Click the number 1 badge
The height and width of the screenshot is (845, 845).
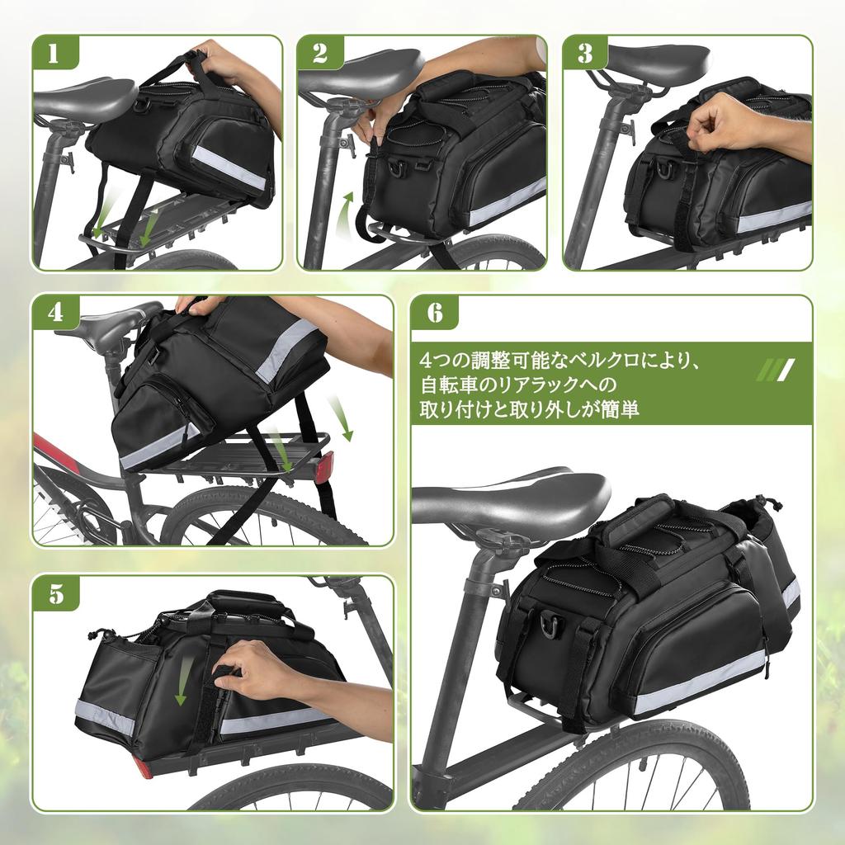pyautogui.click(x=54, y=53)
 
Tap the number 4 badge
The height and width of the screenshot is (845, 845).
pyautogui.click(x=54, y=314)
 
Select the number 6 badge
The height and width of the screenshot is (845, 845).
pyautogui.click(x=434, y=314)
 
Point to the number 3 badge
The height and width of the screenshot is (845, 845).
pyautogui.click(x=584, y=53)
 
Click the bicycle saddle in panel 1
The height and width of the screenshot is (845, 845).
pyautogui.click(x=83, y=97)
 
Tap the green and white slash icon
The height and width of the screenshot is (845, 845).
pyautogui.click(x=775, y=369)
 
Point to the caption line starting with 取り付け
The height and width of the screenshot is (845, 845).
pyautogui.click(x=529, y=409)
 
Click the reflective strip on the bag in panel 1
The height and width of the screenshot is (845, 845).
pyautogui.click(x=229, y=168)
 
